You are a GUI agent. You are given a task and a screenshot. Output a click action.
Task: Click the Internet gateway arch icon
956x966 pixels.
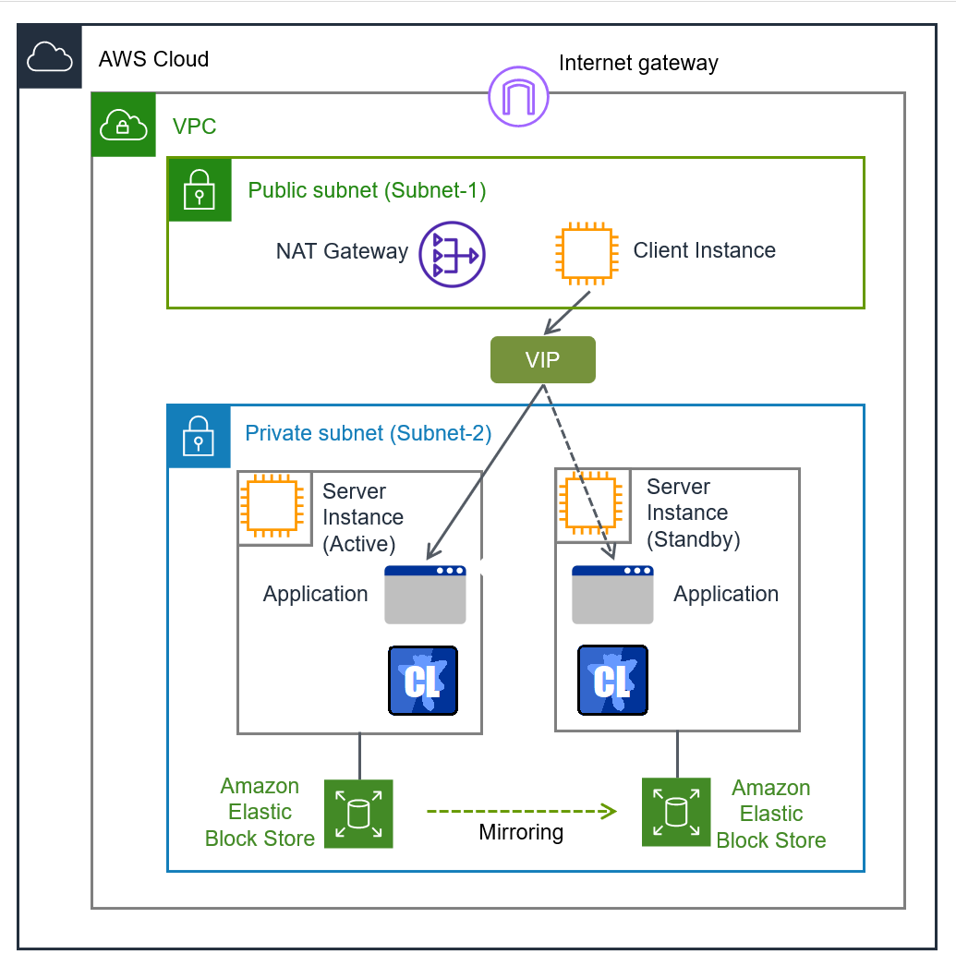518,96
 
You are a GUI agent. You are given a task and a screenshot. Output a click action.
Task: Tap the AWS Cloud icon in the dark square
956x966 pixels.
50,56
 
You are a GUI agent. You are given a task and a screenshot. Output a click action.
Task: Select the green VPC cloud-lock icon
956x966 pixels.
124,124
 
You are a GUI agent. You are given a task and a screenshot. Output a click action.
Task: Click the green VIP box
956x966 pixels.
542,360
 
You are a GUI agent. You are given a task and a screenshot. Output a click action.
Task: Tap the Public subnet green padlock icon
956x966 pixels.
199,189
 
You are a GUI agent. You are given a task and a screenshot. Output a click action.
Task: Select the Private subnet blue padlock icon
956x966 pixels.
199,436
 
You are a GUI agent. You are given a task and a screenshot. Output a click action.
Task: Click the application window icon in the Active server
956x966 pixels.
425,595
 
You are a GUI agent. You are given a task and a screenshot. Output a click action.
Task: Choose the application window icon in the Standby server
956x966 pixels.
612,595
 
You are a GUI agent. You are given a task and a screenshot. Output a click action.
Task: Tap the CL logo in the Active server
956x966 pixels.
423,681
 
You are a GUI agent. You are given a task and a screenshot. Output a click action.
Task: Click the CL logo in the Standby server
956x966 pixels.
611,681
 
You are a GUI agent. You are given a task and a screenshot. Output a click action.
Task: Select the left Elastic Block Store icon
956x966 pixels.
358,814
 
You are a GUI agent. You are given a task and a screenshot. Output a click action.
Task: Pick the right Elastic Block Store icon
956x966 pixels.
676,813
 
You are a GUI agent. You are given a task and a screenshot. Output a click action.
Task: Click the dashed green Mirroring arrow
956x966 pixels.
521,812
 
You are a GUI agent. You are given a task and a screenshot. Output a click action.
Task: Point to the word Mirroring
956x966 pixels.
521,833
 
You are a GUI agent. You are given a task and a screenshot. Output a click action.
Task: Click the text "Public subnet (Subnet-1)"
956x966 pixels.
367,191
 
